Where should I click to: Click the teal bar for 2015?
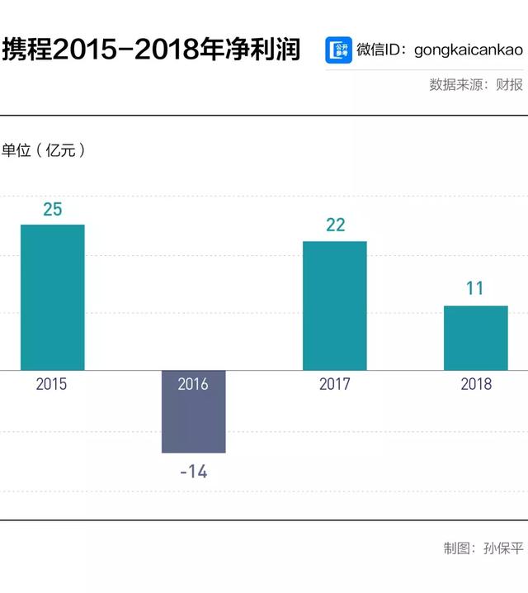pos(52,297)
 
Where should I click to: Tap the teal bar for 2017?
pos(334,306)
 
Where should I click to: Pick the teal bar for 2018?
pos(475,338)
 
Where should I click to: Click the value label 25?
pos(52,209)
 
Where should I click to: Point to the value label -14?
pos(193,473)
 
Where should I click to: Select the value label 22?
pos(335,225)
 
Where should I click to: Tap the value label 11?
pos(475,289)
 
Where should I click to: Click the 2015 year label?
pos(52,384)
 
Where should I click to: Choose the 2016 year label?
pos(193,384)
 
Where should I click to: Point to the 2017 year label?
pos(335,384)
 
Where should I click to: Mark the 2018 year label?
pos(476,384)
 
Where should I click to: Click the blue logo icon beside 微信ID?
pos(338,50)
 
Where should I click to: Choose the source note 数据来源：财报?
pos(475,84)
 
